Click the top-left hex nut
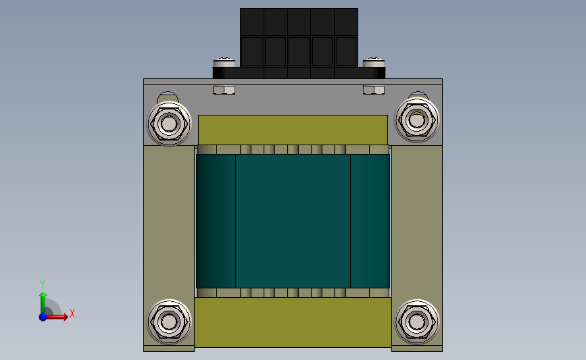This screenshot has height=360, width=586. (x=169, y=124)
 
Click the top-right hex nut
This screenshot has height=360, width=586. (x=417, y=120)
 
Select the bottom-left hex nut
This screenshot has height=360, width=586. (x=169, y=322)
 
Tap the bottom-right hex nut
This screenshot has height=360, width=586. (x=417, y=322)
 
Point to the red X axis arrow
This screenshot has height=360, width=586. (x=56, y=317)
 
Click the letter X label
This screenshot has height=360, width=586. (x=72, y=313)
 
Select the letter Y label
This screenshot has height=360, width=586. (x=43, y=284)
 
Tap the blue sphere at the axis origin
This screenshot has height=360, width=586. (x=43, y=317)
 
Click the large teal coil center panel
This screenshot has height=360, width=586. (x=293, y=221)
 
